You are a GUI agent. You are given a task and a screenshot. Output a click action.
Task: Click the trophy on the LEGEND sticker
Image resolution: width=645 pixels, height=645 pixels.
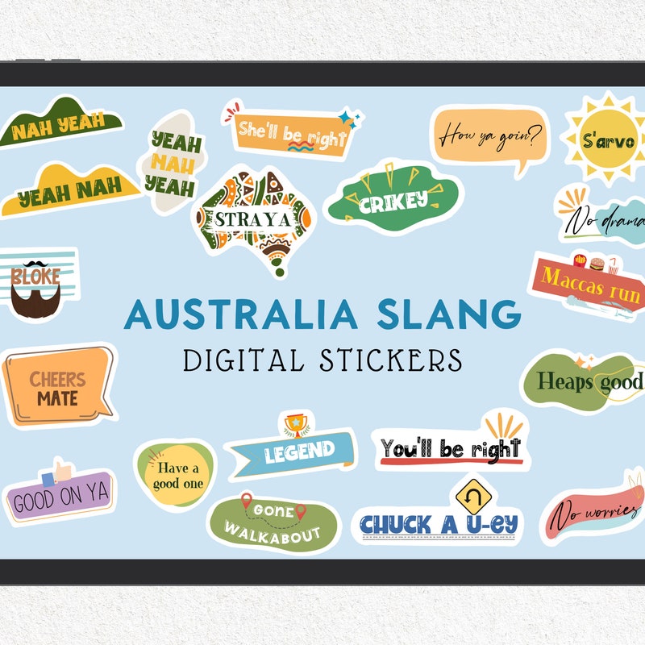[x=294, y=422]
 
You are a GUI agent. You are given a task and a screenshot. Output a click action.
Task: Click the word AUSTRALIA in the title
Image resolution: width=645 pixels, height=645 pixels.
[x=231, y=313]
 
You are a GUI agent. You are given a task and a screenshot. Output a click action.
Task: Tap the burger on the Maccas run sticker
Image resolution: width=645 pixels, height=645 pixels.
[x=597, y=263]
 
